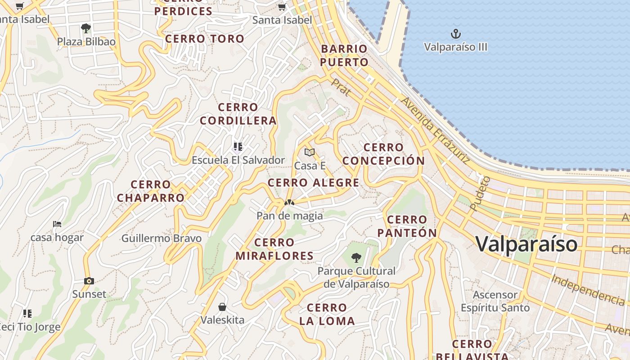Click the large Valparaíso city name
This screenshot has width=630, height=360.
[526, 244]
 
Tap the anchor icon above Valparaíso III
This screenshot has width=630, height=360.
[456, 34]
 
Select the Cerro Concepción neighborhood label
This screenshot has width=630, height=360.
[383, 154]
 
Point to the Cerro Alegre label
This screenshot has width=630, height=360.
[313, 183]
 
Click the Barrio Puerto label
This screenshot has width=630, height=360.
[344, 55]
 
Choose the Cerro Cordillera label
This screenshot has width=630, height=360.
[238, 114]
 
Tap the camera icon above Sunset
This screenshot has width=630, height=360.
[89, 281]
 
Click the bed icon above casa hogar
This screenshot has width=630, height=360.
[57, 224]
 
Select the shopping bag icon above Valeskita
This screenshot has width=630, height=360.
[222, 307]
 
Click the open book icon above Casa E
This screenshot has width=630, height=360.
[309, 153]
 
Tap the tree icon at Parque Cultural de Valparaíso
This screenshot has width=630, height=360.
[356, 258]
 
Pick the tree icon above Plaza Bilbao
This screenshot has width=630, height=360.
[86, 28]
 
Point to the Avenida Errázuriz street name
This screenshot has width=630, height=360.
[435, 130]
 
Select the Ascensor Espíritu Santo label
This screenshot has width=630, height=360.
[495, 301]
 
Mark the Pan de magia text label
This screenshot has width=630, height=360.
[289, 216]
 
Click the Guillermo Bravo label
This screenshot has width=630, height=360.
[162, 238]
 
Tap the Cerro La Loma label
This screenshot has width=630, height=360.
[327, 315]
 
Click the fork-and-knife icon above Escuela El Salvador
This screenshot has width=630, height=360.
[238, 146]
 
